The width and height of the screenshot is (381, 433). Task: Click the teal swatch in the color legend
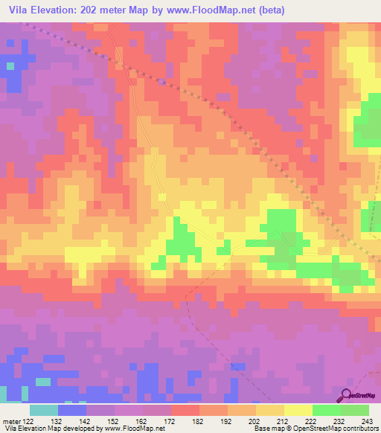[44, 410]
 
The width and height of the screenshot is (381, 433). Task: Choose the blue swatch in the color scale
[72, 410]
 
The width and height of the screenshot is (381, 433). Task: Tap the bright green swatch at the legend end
[355, 410]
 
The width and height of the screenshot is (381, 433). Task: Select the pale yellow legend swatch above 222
[298, 410]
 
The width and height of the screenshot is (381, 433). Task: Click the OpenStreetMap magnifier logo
[348, 395]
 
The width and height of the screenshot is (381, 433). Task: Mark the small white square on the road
[161, 196]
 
